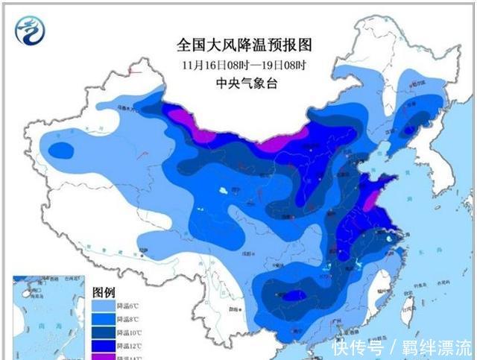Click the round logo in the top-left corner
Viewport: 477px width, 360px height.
pyautogui.click(x=31, y=31)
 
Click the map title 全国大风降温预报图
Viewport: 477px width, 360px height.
pyautogui.click(x=231, y=45)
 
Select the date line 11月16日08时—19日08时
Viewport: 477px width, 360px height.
pyautogui.click(x=231, y=64)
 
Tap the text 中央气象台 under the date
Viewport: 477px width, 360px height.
pyautogui.click(x=231, y=83)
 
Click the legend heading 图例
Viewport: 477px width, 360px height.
pyautogui.click(x=103, y=291)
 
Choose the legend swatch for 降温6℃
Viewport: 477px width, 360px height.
pyautogui.click(x=103, y=306)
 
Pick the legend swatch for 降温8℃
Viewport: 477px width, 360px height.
pyautogui.click(x=103, y=319)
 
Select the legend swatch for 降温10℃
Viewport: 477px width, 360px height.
pyautogui.click(x=103, y=332)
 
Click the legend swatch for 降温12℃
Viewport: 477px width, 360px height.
pyautogui.click(x=103, y=346)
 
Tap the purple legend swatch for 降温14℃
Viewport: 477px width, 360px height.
pyautogui.click(x=103, y=357)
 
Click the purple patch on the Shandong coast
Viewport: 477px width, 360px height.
pyautogui.click(x=371, y=200)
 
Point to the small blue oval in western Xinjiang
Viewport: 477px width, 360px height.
pyautogui.click(x=61, y=151)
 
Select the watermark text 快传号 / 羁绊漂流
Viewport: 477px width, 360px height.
pyautogui.click(x=402, y=347)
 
